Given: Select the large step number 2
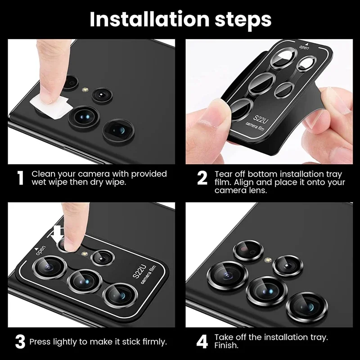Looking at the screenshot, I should (x=202, y=178).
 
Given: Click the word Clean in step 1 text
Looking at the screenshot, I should (x=43, y=174).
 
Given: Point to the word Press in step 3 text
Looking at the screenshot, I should (x=41, y=342).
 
